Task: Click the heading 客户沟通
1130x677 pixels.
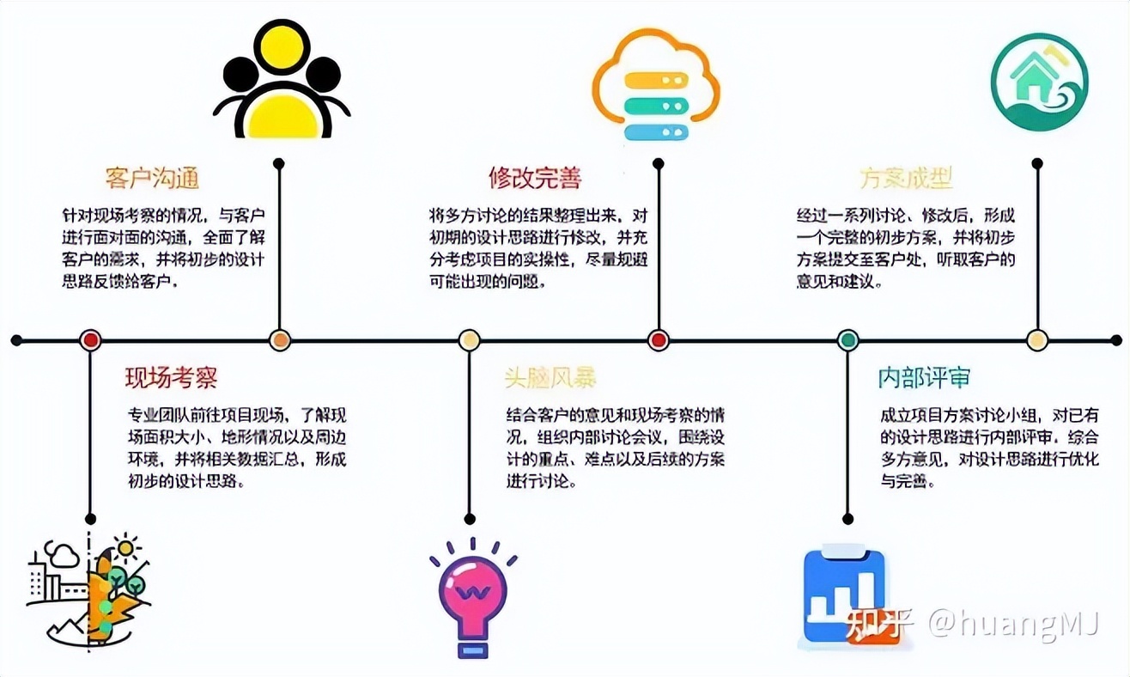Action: point(152,178)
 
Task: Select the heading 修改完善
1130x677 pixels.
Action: point(535,178)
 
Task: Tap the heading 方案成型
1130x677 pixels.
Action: point(906,178)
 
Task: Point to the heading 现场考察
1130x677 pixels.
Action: point(171,377)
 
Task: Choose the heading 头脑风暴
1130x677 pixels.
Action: point(550,377)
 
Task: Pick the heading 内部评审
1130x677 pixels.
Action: point(924,377)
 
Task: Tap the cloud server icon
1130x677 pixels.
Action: point(656,86)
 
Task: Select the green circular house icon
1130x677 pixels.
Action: point(1039,82)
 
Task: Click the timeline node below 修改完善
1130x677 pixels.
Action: point(659,340)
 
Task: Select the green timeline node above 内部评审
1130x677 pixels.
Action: point(847,340)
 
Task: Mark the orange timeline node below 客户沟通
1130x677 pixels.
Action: point(280,340)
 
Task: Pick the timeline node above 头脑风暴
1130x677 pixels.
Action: point(469,340)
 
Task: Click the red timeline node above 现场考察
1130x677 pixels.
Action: point(90,340)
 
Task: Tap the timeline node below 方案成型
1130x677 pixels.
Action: point(1037,340)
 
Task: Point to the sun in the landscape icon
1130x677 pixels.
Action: point(127,547)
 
